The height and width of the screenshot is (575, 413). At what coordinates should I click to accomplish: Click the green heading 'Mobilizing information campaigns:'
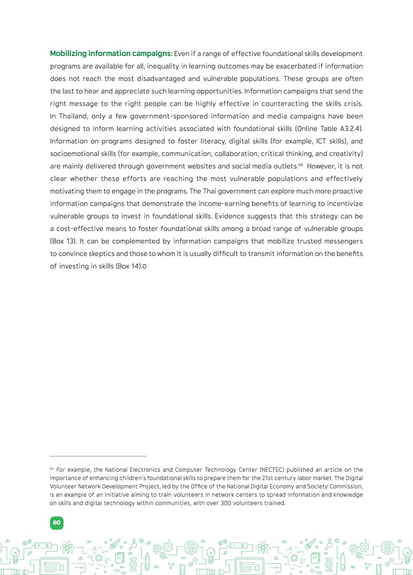coord(111,54)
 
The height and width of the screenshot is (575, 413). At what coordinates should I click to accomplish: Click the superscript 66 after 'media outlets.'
coord(300,165)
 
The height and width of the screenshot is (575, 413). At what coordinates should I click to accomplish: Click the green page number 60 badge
coord(57,523)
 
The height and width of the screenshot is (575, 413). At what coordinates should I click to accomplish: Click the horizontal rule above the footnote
coord(98,456)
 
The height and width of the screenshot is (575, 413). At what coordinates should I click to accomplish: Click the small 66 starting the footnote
coord(52,469)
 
